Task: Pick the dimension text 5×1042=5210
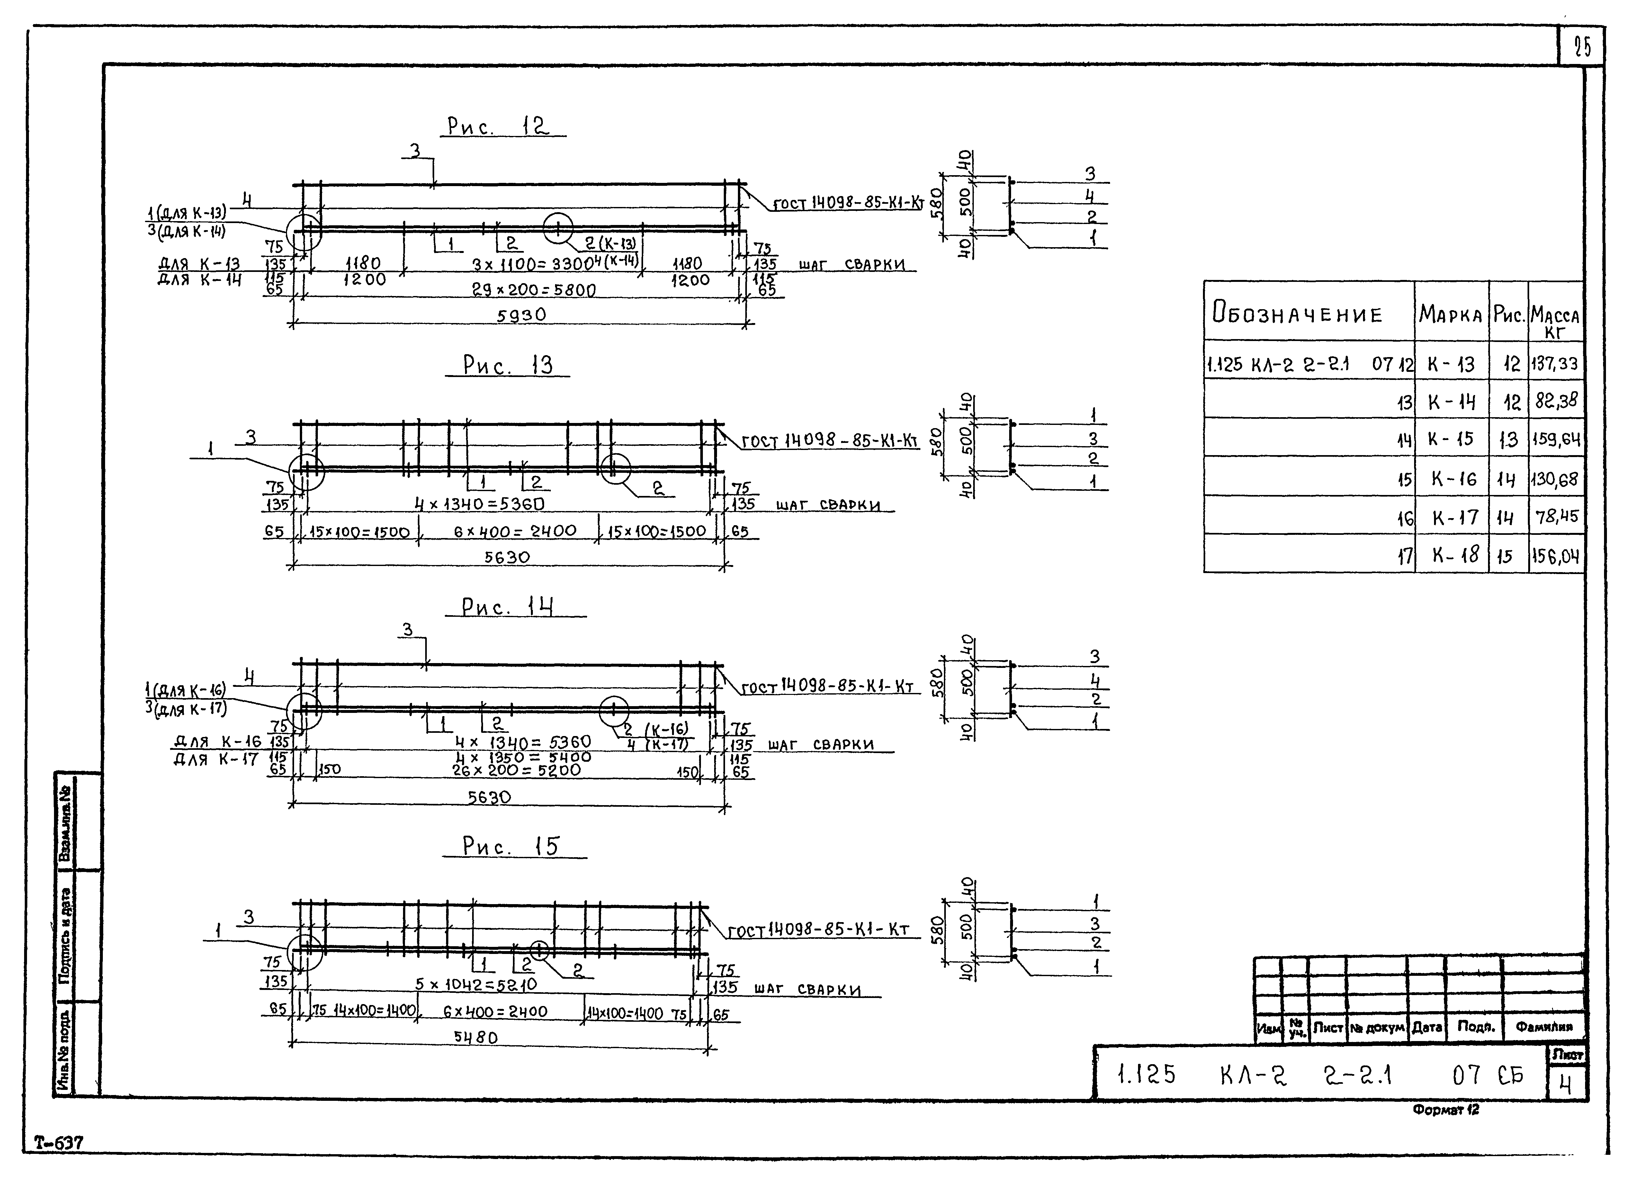tap(476, 984)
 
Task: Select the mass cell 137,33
tap(1555, 364)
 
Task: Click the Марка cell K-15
tap(1451, 439)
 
